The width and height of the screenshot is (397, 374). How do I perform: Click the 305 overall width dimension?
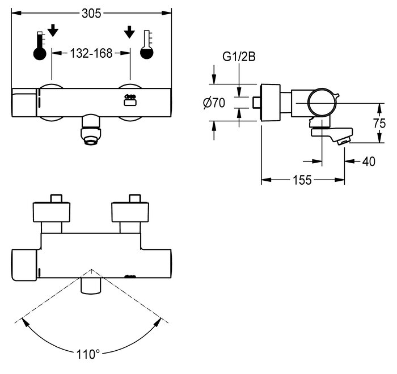click(91, 14)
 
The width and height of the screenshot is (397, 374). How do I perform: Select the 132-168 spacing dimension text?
click(91, 53)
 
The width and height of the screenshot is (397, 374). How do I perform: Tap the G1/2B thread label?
click(239, 57)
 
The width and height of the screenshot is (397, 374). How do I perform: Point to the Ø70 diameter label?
click(214, 103)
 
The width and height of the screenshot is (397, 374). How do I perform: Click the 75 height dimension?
click(379, 123)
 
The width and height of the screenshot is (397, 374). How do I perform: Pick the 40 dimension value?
click(369, 161)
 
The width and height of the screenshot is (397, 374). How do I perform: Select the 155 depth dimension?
click(302, 180)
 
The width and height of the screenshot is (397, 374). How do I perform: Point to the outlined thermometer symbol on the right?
click(147, 45)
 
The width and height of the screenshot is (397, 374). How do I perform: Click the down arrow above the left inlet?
click(53, 31)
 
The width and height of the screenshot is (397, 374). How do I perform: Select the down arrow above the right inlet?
click(129, 32)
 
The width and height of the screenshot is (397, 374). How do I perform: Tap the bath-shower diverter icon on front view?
click(130, 100)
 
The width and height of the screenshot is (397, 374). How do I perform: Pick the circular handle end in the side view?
click(322, 103)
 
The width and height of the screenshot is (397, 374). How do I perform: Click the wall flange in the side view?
click(271, 102)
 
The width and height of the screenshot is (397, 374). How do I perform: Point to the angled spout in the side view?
click(332, 136)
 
